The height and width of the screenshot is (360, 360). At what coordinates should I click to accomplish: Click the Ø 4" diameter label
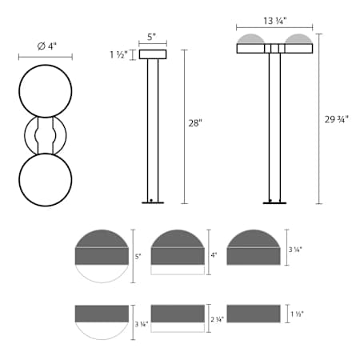pos(46,46)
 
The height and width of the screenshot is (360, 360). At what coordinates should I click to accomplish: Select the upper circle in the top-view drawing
pos(46,91)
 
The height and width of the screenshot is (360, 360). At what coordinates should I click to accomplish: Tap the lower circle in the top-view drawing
pos(46,178)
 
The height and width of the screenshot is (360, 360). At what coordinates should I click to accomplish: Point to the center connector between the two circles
pos(46,135)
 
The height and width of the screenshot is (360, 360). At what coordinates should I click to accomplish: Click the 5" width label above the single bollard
pos(152,37)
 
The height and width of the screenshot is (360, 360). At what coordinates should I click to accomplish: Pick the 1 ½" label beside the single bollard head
pos(118,54)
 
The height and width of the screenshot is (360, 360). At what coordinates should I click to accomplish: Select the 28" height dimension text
pos(195,123)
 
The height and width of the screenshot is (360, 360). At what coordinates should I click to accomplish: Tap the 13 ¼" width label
pos(274,22)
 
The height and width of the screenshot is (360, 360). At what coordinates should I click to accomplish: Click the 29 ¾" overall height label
pos(337,119)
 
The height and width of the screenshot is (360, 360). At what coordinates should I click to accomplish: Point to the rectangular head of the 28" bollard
pos(152,54)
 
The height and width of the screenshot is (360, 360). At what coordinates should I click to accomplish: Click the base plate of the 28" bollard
pos(152,202)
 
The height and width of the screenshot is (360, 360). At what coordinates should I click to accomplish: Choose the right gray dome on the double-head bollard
pos(299,39)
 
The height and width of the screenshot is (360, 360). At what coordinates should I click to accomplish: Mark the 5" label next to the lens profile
pos(138,256)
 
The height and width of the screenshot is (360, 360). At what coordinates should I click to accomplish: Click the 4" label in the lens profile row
pos(214,256)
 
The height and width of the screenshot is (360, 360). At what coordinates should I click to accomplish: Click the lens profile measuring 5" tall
pos(102,255)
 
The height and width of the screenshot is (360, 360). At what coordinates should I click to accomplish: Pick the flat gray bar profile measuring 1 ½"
pos(254,313)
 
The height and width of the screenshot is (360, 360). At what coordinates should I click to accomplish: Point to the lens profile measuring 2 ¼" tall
pos(178,318)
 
